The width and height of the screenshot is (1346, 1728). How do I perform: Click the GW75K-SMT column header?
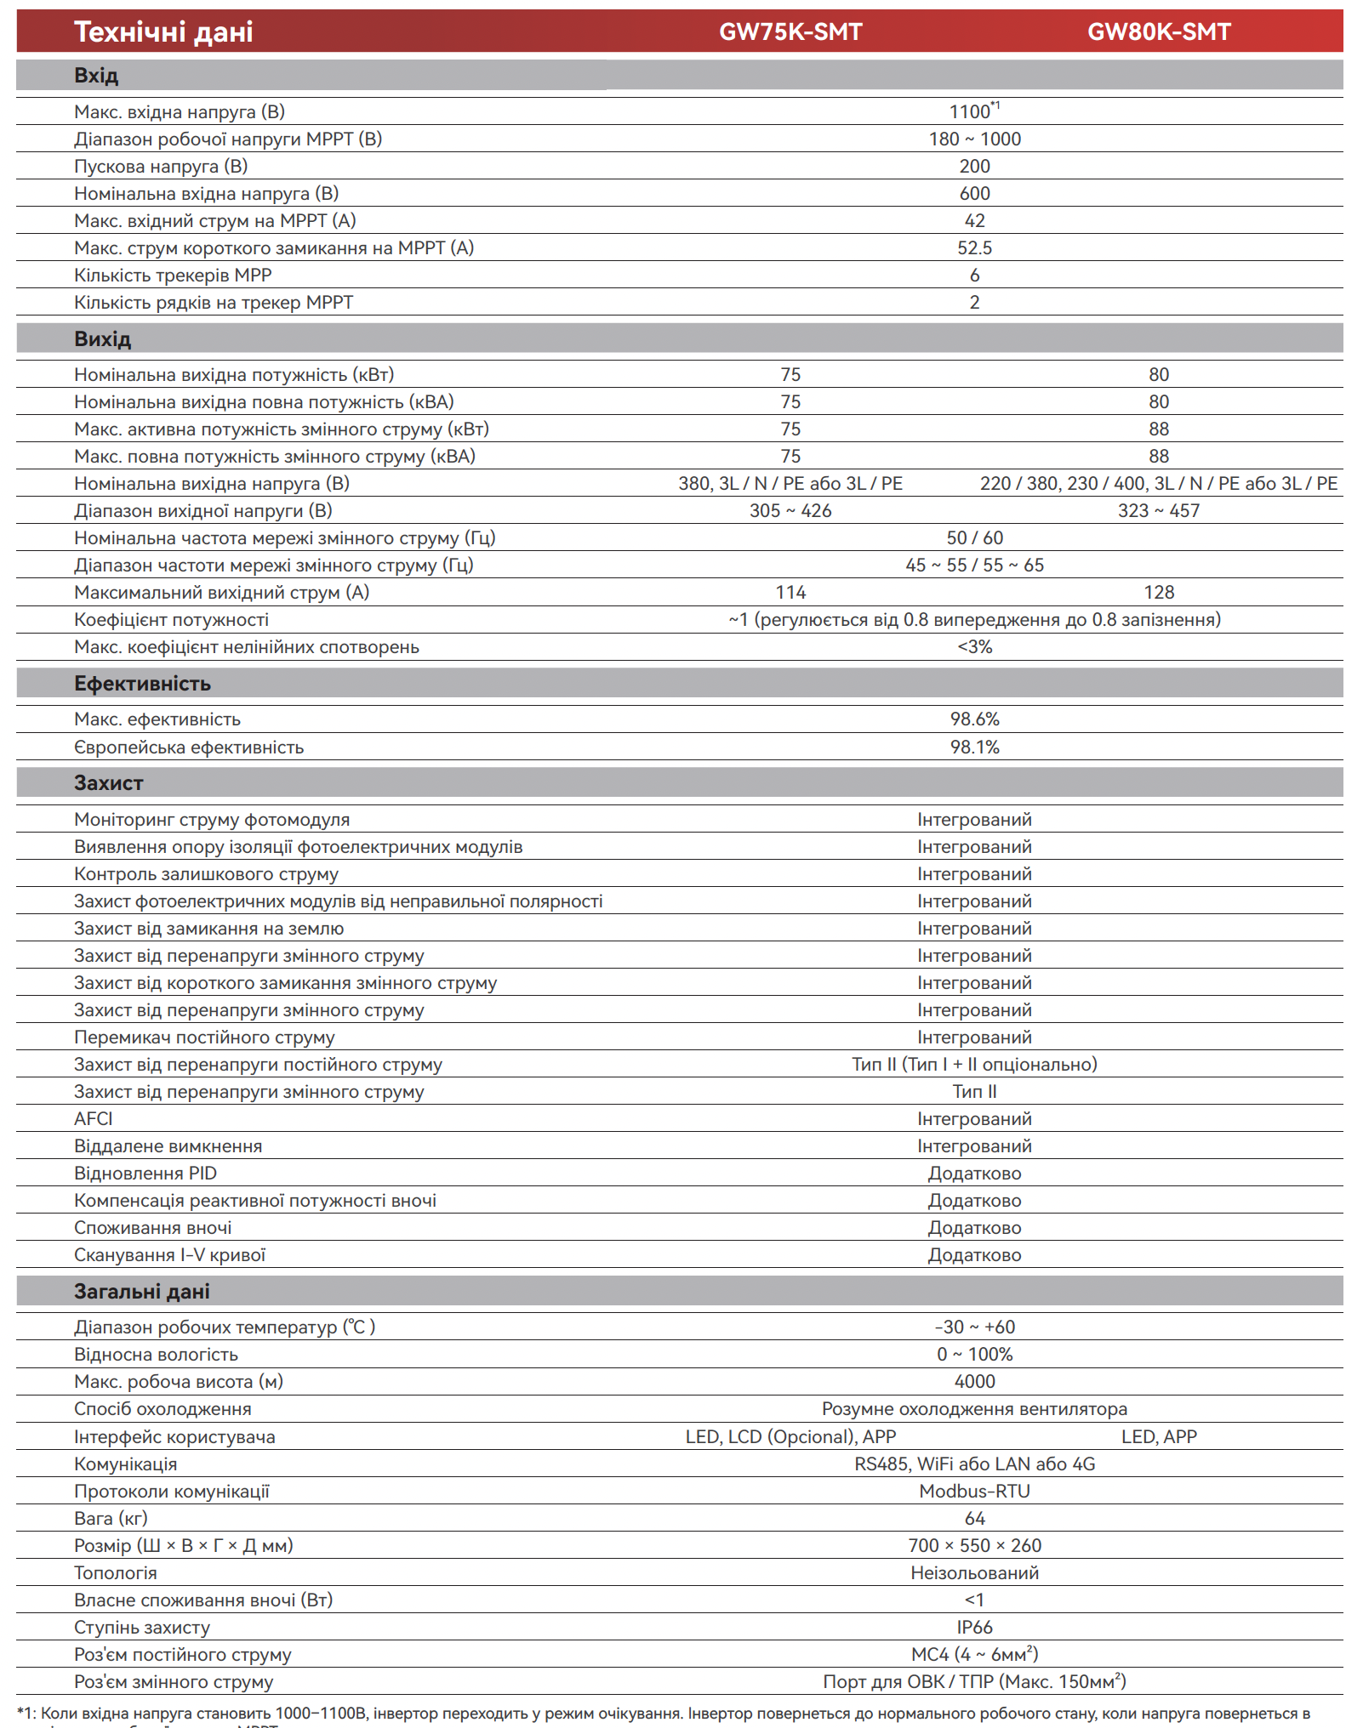point(790,32)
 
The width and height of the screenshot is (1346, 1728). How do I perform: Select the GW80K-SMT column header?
point(1158,32)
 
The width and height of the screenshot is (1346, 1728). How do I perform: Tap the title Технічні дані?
point(163,32)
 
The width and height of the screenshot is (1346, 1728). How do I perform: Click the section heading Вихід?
point(102,339)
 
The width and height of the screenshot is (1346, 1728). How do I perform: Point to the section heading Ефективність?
point(142,684)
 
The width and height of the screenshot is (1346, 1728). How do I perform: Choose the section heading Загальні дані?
point(141,1291)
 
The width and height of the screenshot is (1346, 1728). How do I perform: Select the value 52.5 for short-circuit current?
point(974,248)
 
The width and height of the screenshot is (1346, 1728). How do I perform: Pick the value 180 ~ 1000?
point(974,139)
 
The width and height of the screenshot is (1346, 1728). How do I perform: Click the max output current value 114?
point(790,593)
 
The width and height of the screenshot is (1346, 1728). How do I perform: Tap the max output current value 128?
point(1158,593)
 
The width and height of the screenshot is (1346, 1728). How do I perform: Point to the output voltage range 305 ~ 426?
point(790,511)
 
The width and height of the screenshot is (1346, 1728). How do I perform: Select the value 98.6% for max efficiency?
point(974,719)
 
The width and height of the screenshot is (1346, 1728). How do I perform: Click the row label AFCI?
point(94,1119)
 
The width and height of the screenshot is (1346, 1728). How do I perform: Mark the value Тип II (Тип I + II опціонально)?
point(974,1065)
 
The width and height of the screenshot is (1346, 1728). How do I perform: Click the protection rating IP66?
point(974,1628)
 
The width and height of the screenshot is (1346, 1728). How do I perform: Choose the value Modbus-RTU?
point(974,1492)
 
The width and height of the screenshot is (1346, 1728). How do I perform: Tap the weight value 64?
point(974,1519)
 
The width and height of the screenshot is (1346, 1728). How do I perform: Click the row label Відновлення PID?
point(145,1174)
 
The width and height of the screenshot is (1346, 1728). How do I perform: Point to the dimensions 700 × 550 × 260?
point(974,1546)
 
